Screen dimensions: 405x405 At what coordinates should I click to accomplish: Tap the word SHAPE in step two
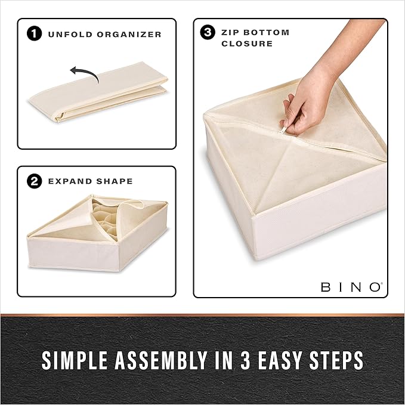(114, 181)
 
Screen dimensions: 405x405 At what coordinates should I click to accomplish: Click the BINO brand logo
(351, 287)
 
